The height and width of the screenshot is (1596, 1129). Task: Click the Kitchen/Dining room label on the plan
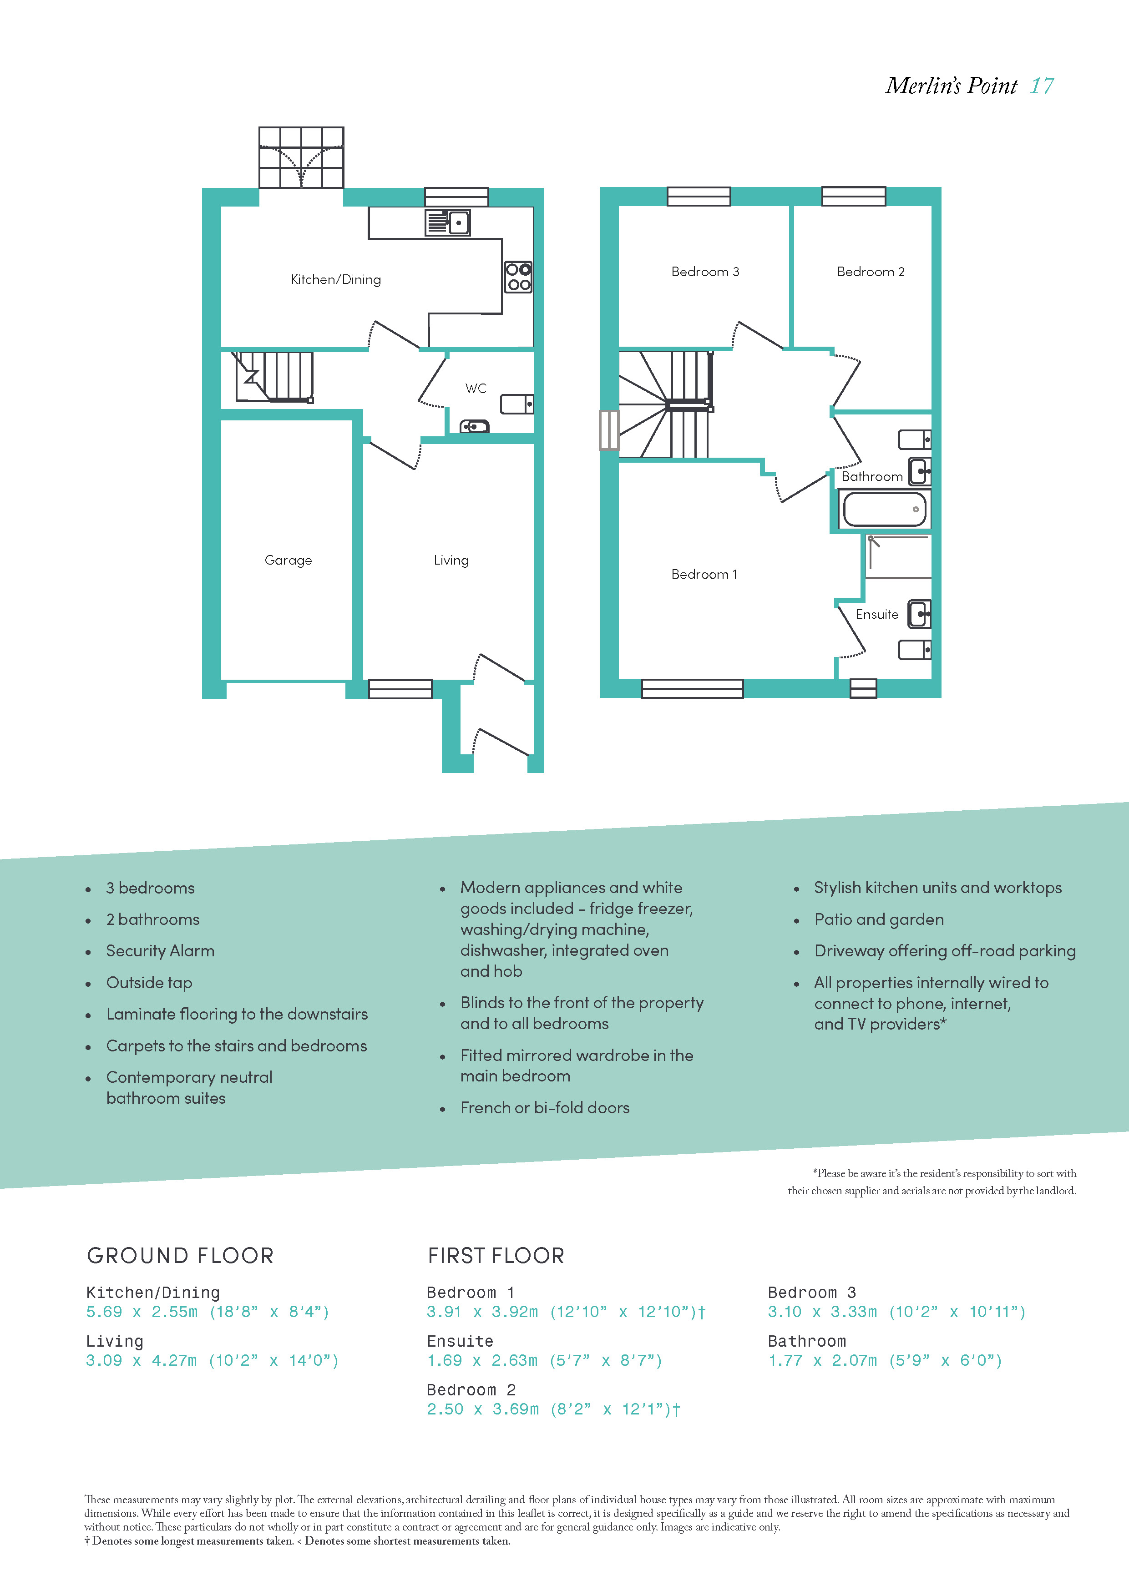pos(336,279)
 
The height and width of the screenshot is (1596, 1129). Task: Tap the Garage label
pos(289,560)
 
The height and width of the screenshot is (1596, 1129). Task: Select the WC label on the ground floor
pos(476,389)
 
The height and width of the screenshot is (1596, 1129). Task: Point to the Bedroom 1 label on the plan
pos(704,574)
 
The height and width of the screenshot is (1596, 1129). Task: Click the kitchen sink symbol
pos(448,223)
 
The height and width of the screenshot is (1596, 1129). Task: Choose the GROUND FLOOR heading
pos(180,1255)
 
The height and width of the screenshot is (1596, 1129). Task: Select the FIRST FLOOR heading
pos(496,1255)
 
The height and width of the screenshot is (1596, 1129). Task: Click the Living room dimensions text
pos(212,1360)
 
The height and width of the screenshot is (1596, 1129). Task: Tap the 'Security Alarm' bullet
pos(160,951)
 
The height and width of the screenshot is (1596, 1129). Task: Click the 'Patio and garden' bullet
pos(879,919)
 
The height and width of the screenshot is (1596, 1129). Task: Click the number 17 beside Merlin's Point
pos(1042,86)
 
